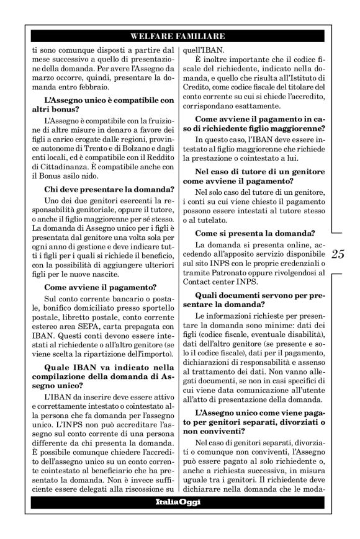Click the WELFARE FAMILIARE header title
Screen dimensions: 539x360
point(179,36)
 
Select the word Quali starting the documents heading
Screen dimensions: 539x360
point(209,295)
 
